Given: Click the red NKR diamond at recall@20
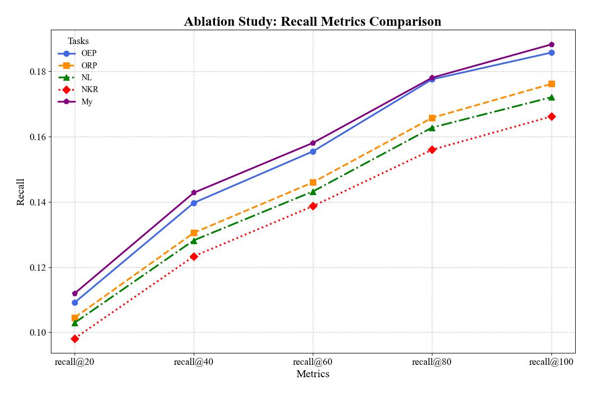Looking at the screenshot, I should coord(75,339).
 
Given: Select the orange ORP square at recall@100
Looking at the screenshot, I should coord(551,84).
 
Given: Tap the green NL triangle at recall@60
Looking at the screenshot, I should coord(313,192).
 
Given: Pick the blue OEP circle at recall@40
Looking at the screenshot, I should coord(194,203).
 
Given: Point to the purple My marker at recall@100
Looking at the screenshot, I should coord(551,45).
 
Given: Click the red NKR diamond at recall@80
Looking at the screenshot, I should coord(432,149).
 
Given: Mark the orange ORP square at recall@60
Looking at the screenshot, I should coord(313,182).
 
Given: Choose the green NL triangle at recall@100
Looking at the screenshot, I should coord(551,98).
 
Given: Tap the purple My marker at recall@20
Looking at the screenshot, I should coord(75,294).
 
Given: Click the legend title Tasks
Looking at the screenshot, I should coord(78,41).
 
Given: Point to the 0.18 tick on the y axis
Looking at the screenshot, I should coord(38,71).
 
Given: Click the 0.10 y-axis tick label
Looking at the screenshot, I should coord(38,333).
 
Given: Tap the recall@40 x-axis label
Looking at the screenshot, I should coord(194,362).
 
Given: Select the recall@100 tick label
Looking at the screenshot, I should coord(551,362).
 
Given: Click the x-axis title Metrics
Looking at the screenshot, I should coord(313,374).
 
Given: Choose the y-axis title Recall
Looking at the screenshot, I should coord(21,192).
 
